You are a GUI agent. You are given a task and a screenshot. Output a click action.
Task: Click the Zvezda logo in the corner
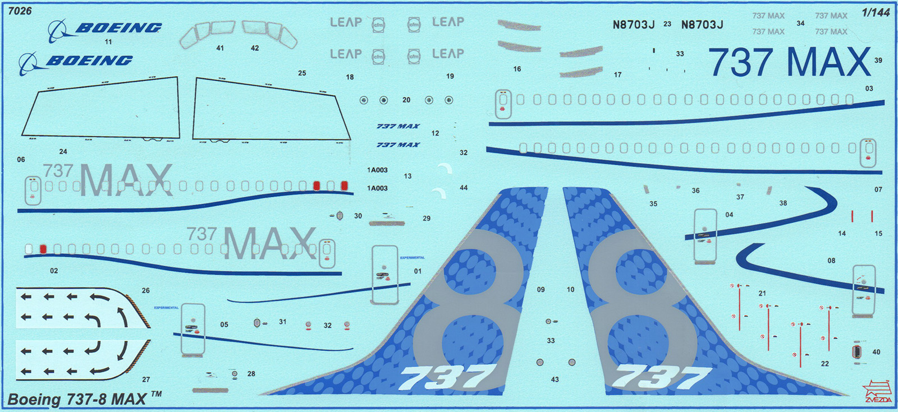click(877, 392)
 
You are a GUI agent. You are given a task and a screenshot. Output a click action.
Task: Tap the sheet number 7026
click(20, 11)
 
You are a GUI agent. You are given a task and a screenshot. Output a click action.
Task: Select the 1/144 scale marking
click(876, 12)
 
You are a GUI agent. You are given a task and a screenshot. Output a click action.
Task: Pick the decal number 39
click(878, 61)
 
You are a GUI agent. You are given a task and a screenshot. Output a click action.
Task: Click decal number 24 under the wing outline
click(63, 151)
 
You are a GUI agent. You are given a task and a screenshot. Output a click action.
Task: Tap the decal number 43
click(555, 379)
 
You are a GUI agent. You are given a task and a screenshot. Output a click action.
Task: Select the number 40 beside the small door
click(876, 352)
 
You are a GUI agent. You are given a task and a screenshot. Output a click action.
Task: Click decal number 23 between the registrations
click(667, 24)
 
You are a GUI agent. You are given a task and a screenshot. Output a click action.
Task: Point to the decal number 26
click(146, 290)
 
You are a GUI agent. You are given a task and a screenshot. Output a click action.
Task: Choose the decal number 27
click(146, 379)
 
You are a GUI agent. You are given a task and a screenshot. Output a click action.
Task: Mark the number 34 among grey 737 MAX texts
click(800, 24)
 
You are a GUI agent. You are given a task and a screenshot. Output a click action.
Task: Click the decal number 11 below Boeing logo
click(108, 42)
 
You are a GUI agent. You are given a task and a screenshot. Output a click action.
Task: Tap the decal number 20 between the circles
click(406, 100)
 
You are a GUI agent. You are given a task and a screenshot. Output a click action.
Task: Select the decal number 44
click(464, 188)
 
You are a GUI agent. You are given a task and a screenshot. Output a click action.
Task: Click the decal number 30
click(358, 216)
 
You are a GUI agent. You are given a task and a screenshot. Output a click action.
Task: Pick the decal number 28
click(251, 373)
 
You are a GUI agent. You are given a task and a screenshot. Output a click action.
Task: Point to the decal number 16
click(517, 69)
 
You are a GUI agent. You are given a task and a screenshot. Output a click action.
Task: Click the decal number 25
click(302, 73)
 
